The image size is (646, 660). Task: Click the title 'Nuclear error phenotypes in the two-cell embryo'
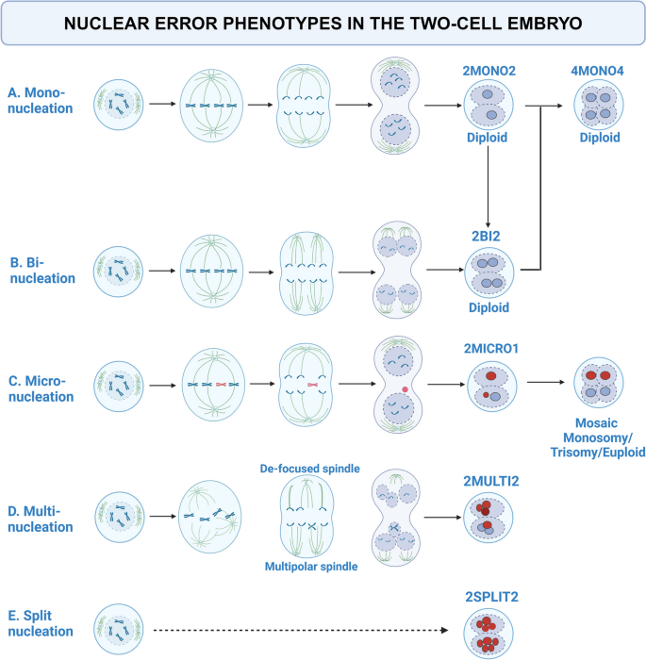[x=323, y=23]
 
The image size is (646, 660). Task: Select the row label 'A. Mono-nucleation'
[x=41, y=100]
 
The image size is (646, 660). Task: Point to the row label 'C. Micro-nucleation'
[x=41, y=388]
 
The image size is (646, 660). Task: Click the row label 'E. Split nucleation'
[x=41, y=624]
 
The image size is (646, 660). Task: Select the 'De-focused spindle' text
[x=312, y=468]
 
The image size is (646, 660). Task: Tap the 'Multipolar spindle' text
[x=312, y=566]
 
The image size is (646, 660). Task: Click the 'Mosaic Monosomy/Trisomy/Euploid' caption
[x=601, y=438]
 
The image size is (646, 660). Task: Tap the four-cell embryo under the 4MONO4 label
[x=600, y=102]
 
